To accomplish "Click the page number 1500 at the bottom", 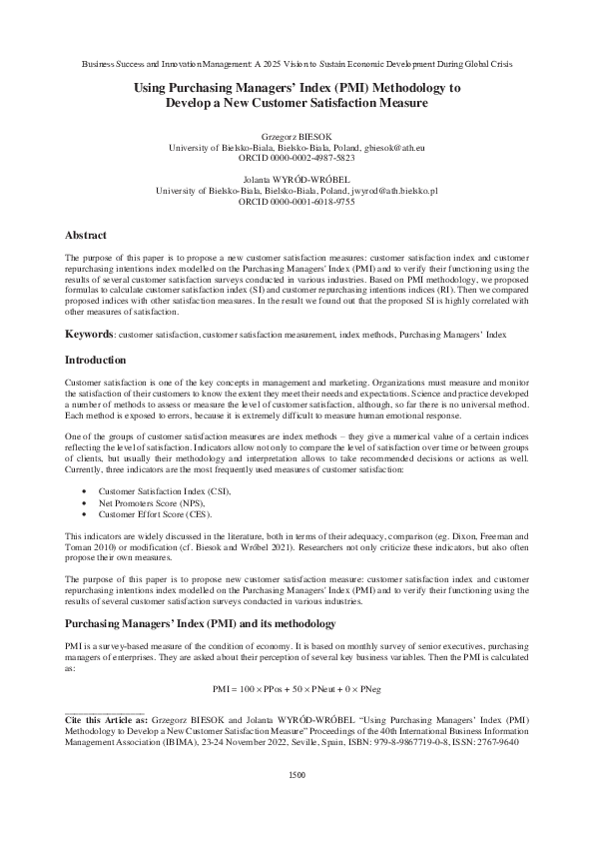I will coord(297,802).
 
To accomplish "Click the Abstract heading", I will coord(86,235).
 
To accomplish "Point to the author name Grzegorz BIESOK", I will coord(297,135).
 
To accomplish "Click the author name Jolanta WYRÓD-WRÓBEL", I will coord(297,177).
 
